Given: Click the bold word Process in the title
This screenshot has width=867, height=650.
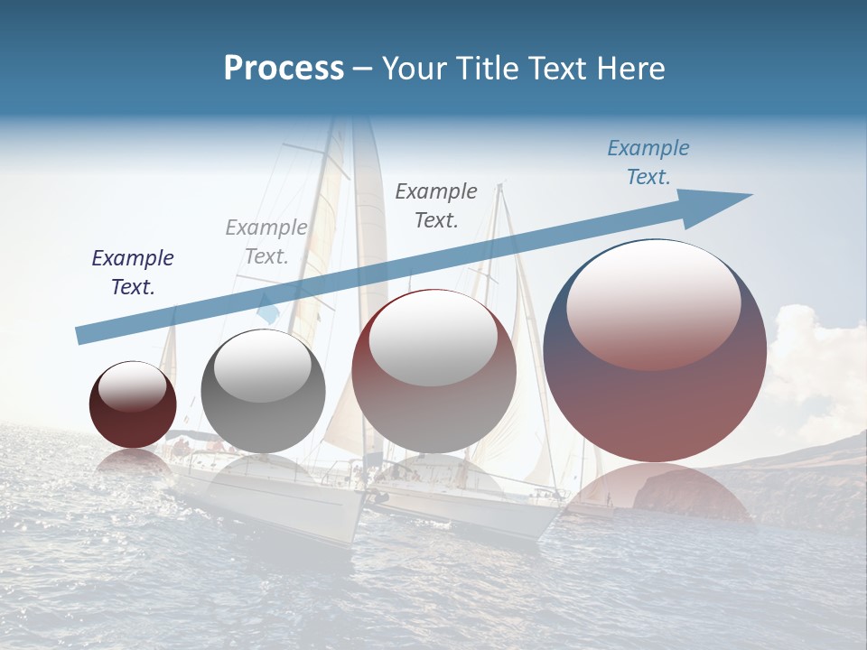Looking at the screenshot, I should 284,69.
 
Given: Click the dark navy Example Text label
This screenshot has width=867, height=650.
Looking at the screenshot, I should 133,273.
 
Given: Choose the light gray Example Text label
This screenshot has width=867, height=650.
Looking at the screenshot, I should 266,242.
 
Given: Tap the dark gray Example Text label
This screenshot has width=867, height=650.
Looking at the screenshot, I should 436,205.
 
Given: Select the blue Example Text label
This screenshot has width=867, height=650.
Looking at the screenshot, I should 648,162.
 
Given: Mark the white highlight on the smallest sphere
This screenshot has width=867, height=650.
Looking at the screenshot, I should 132,386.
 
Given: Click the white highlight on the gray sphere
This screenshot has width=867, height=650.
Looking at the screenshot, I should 263,366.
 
